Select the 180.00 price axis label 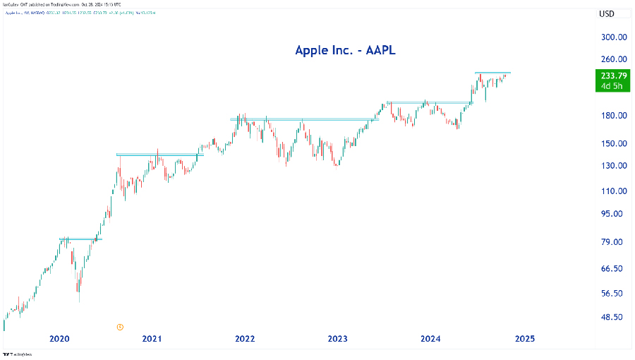coord(613,116)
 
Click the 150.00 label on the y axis coord(613,143)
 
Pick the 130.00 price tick coord(613,166)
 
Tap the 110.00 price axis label coord(613,191)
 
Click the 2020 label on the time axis coord(60,339)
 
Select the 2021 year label coord(152,339)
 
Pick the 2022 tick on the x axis coord(245,339)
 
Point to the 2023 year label coord(338,339)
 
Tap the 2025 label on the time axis coord(524,339)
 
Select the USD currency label coord(607,14)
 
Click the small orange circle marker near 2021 coord(120,327)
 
